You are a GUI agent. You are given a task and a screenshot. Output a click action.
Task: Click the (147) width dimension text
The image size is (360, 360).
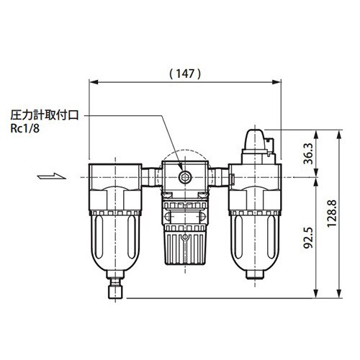point(185,73)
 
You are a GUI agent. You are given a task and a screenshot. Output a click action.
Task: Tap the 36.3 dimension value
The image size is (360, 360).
point(308,153)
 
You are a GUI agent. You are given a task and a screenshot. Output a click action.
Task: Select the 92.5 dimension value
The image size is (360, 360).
point(308,238)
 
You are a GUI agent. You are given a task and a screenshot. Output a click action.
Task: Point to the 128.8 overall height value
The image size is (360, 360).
point(332,214)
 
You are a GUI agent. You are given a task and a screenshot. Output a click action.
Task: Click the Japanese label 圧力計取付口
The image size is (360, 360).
point(45,115)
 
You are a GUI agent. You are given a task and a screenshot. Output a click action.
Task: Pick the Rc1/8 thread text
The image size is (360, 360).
point(24,129)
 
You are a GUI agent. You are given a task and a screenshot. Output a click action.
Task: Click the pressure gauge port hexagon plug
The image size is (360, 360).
point(185,177)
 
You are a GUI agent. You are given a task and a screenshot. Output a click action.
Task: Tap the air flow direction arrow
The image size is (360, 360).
point(52,176)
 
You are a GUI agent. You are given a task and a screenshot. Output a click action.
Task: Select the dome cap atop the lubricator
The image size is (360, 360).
point(255,140)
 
